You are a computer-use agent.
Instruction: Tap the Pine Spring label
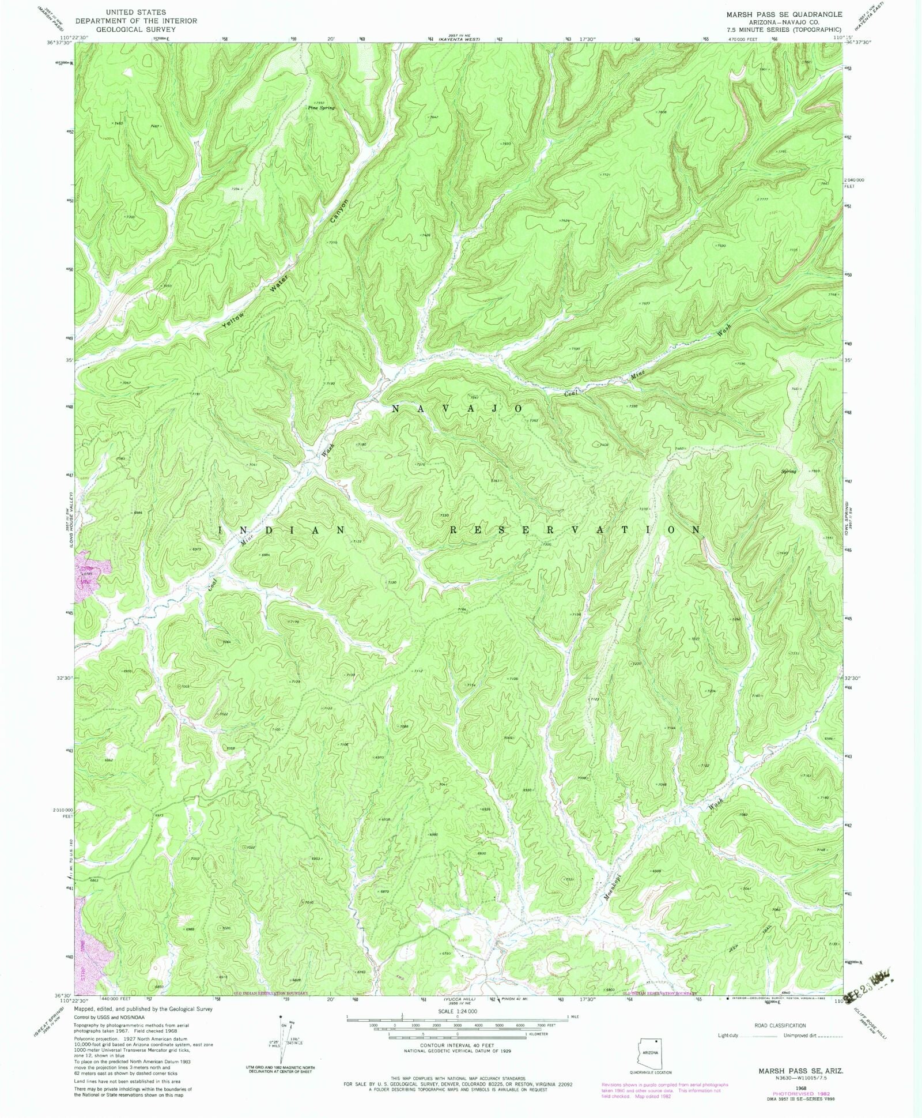[320, 108]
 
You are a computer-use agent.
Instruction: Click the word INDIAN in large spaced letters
[282, 529]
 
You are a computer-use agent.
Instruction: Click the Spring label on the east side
[788, 472]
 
